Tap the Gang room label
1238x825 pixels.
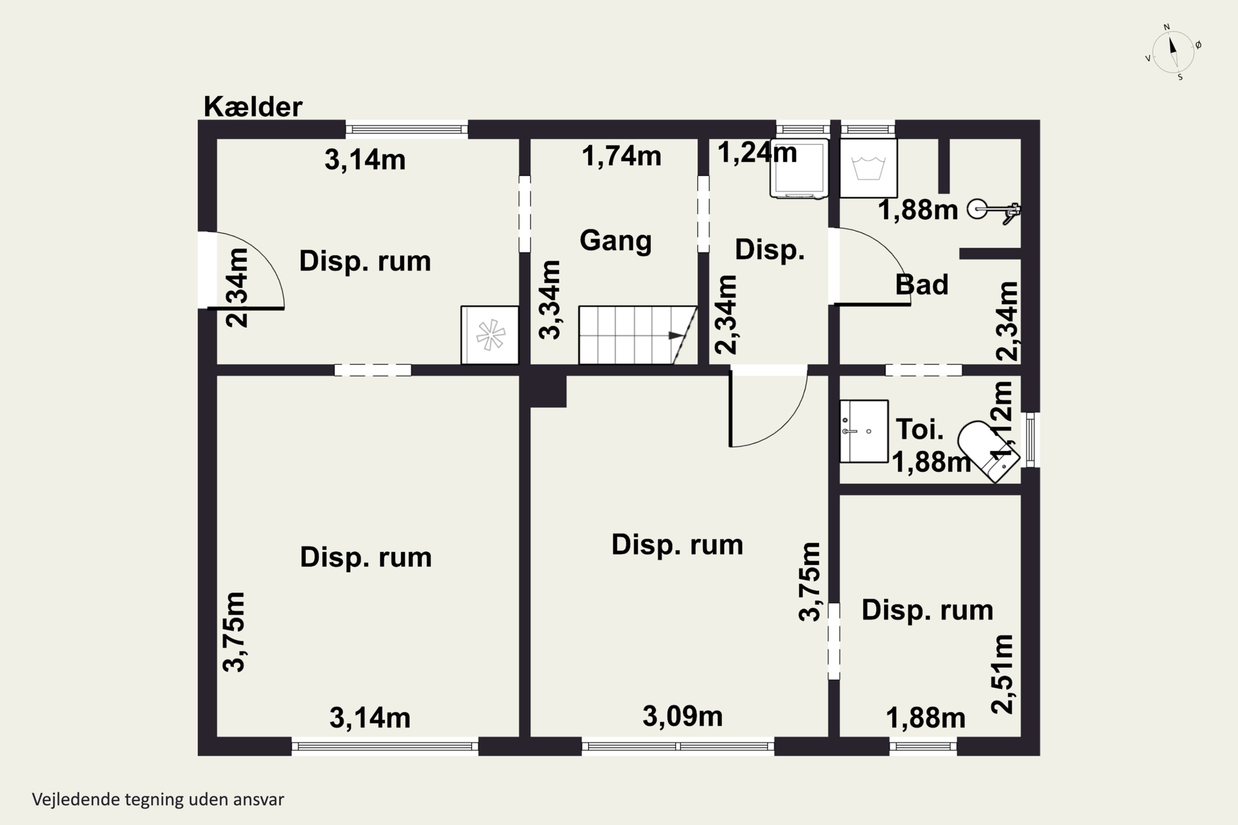click(615, 241)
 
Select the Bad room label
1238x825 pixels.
click(921, 285)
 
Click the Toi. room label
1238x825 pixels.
click(919, 429)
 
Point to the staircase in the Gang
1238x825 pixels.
click(638, 335)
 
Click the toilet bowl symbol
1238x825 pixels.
click(988, 451)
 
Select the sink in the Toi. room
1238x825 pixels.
click(864, 431)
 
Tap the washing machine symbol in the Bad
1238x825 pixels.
click(868, 168)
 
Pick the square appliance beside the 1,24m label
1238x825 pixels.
click(799, 168)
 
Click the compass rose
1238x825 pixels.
click(1173, 52)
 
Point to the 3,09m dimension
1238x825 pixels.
click(682, 716)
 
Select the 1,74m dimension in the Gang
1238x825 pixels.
click(621, 156)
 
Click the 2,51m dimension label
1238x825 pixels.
click(1002, 674)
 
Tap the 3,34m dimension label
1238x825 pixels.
click(550, 299)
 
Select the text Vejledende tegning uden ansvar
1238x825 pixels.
click(158, 799)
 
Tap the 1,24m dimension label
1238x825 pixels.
click(757, 153)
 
